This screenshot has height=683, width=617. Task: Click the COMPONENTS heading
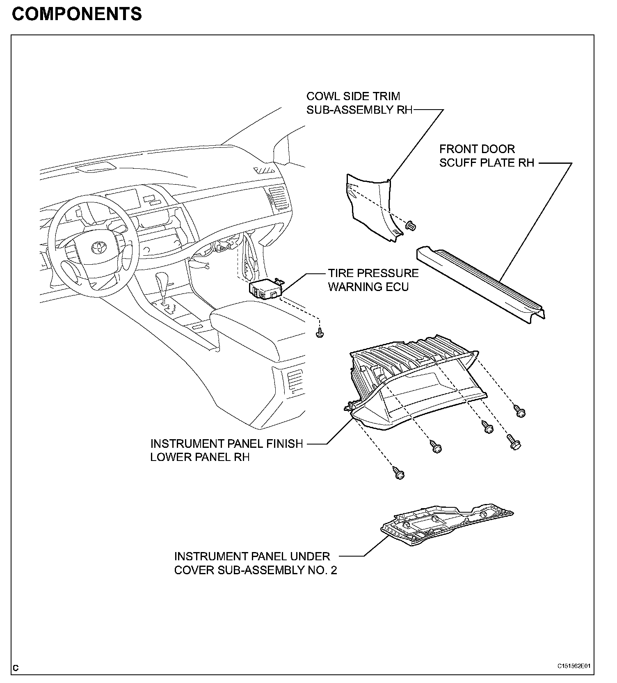[77, 14]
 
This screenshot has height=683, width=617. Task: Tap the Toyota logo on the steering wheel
[98, 248]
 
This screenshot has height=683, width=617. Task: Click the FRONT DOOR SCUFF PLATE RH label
[487, 156]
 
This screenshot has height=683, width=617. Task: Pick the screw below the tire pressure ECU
[320, 334]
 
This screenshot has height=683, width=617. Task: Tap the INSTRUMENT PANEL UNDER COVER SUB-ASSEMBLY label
[255, 563]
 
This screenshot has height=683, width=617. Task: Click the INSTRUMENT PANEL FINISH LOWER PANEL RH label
[226, 450]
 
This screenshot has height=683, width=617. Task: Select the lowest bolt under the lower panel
[399, 474]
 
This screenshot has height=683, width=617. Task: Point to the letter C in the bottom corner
[16, 668]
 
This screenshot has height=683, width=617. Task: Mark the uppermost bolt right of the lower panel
[519, 411]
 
